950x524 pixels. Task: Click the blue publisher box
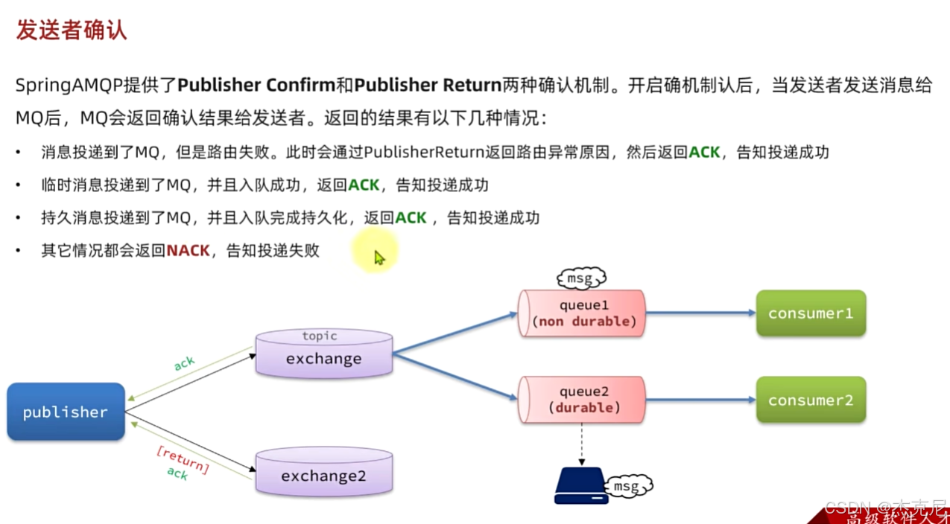click(66, 412)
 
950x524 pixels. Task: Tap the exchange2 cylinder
click(323, 474)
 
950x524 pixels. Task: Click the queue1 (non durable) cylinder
click(581, 313)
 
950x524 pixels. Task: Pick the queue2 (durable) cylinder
click(581, 400)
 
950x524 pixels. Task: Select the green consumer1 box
click(811, 313)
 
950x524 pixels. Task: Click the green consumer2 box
click(811, 400)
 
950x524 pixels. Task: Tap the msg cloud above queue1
click(580, 279)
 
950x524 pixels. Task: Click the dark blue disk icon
click(581, 487)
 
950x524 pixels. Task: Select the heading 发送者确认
click(71, 31)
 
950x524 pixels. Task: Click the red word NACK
click(188, 251)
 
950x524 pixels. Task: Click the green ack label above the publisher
click(184, 362)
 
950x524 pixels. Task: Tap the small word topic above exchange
click(319, 336)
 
